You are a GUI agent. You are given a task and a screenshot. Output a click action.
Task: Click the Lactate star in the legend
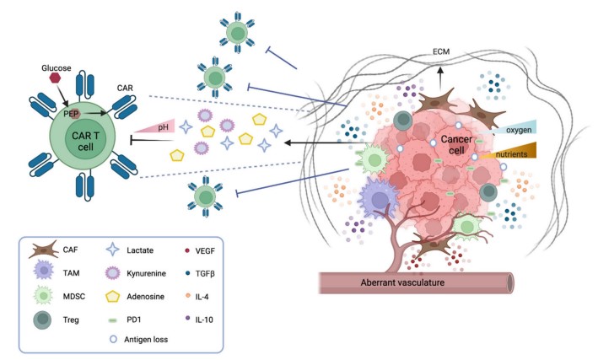[x=111, y=250]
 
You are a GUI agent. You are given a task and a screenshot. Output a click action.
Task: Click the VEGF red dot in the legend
[x=187, y=250]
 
